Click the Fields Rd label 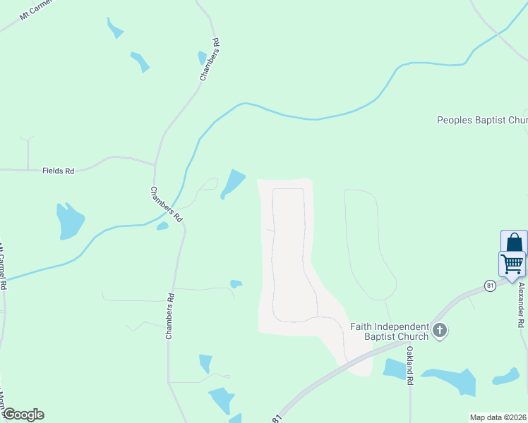59,171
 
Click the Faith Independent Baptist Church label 390,331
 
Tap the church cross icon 440,330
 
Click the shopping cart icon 512,264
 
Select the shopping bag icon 515,243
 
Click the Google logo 23,415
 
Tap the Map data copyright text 498,417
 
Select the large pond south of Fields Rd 70,221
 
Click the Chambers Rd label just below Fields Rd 166,205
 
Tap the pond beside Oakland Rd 395,369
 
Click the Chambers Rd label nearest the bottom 169,317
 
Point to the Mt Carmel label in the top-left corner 32,12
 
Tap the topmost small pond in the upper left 114,28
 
